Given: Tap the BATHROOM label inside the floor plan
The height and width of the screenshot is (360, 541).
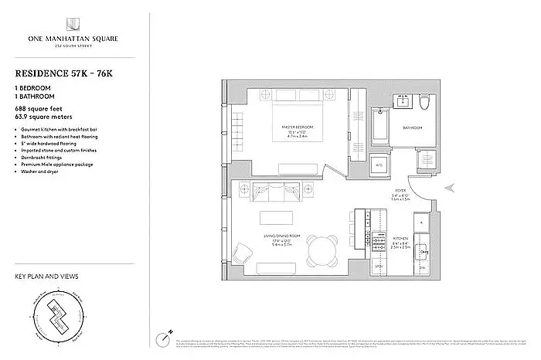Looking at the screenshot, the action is tap(411, 127).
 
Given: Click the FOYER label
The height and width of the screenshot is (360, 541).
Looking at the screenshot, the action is tap(400, 189).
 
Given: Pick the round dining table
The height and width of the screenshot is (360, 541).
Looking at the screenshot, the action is tap(321, 248).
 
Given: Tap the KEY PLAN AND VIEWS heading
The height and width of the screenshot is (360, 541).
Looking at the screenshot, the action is tap(47, 277).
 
